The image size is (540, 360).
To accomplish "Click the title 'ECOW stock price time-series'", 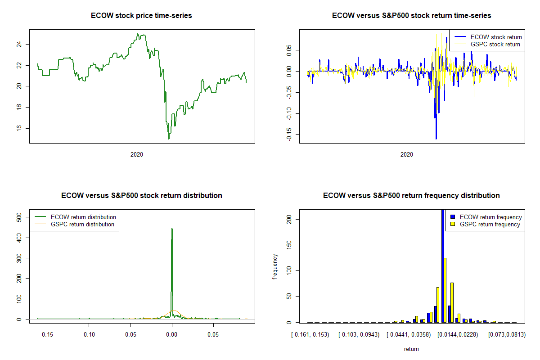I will (142, 16).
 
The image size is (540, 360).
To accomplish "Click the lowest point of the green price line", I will (169, 139).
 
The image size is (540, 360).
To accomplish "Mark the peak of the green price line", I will (138, 33).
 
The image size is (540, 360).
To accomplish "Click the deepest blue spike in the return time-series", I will (436, 139).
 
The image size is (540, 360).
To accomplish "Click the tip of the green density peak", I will (172, 229).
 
